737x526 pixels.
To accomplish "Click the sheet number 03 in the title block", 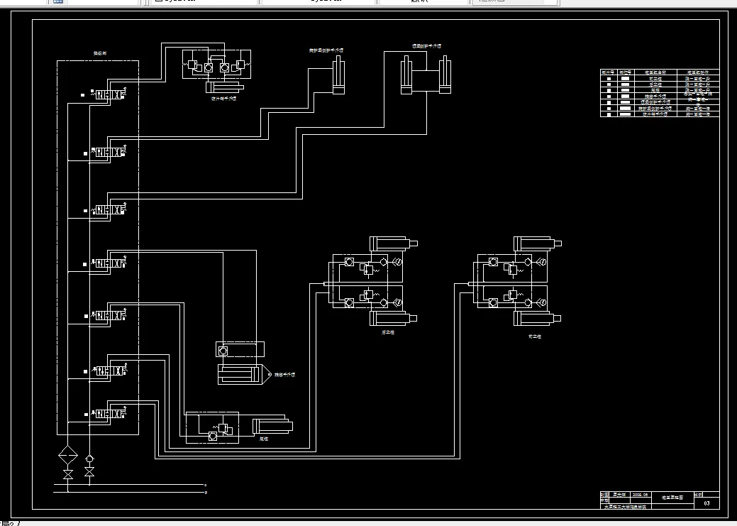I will [x=706, y=503].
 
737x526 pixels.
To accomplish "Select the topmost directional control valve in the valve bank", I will [x=111, y=94].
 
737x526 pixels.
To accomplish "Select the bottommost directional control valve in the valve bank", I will [x=111, y=414].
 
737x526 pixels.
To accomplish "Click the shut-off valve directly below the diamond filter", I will [x=68, y=473].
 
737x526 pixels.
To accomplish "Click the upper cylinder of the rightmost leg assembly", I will [x=536, y=243].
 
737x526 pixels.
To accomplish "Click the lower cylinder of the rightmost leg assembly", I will [x=536, y=319].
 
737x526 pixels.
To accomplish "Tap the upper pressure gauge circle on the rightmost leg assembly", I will [x=543, y=263].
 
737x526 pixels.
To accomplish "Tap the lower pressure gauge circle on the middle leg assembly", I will [x=399, y=303].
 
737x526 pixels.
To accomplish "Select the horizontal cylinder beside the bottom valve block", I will [x=272, y=427].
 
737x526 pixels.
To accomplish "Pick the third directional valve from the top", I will [x=111, y=210].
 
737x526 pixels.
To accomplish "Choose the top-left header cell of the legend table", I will [x=608, y=72].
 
